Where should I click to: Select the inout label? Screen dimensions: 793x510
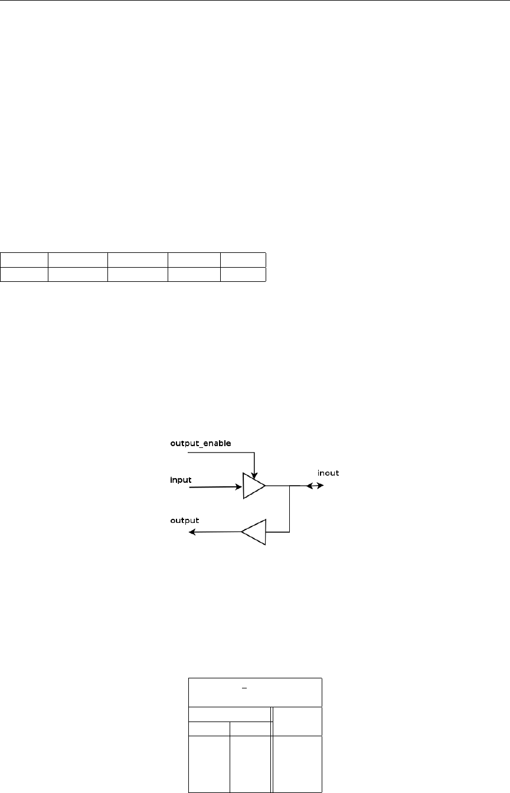[328, 473]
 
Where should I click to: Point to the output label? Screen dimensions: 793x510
[185, 521]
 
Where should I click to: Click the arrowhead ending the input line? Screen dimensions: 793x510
[237, 487]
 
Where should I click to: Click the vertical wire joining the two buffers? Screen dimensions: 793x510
[289, 509]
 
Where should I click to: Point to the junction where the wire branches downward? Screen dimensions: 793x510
[289, 486]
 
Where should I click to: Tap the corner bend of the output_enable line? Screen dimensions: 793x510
[254, 453]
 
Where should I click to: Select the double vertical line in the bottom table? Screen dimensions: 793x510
[271, 750]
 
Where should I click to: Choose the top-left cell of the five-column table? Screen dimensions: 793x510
[24, 260]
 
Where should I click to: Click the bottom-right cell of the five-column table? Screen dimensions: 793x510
[243, 274]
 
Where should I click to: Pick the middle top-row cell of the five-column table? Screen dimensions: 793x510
[138, 260]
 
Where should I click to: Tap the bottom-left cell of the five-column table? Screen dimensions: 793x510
[24, 274]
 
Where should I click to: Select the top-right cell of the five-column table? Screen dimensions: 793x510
[243, 260]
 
